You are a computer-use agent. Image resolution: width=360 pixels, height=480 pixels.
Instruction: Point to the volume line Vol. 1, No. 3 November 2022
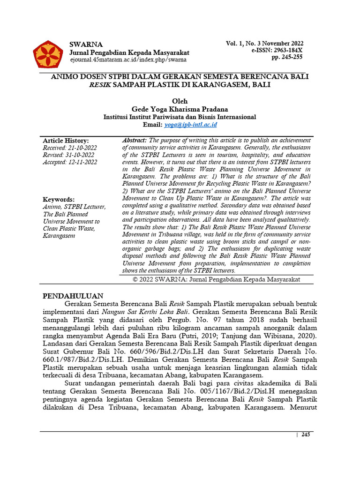tap(264, 43)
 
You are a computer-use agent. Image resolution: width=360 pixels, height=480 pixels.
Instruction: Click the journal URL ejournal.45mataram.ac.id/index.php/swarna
tap(128, 60)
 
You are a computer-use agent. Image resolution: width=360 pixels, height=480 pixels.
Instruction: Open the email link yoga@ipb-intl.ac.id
tap(190, 125)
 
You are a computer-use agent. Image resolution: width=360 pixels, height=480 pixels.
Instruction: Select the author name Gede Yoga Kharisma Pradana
tap(180, 109)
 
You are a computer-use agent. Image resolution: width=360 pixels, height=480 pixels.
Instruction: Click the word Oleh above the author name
tap(180, 101)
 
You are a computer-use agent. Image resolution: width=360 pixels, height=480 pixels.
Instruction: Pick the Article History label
tap(66, 141)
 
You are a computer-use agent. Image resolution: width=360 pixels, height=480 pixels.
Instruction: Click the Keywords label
tap(59, 199)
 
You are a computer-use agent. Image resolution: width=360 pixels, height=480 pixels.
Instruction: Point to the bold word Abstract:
tap(135, 141)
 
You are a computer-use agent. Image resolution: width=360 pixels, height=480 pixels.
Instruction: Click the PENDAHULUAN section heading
tap(73, 296)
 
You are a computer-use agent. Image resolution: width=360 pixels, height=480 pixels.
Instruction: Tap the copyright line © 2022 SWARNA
tap(216, 279)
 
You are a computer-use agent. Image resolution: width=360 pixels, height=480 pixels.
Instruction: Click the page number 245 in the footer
tap(306, 435)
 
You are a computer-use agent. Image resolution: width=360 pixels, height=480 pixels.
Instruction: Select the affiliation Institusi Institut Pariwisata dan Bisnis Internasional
tap(180, 117)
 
